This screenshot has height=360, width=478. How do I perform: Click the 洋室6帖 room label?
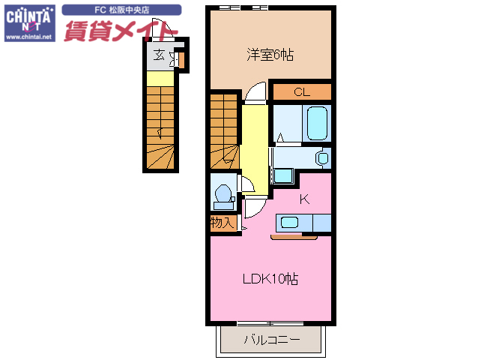[x=270, y=55]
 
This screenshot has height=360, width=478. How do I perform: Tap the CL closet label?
[x=301, y=92]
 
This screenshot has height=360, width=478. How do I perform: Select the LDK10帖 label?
[x=270, y=279]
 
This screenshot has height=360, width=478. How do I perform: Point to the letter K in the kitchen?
[x=305, y=199]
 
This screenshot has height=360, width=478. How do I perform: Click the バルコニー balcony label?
[x=271, y=340]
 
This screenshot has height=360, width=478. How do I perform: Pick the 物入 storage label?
[x=223, y=223]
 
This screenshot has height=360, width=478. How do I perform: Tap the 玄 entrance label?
[x=159, y=55]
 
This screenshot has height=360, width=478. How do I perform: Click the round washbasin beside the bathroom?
[x=323, y=158]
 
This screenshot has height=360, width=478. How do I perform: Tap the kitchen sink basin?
[x=289, y=223]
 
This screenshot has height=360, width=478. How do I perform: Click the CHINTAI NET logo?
[x=28, y=16]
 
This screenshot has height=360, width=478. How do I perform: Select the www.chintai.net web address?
[x=28, y=35]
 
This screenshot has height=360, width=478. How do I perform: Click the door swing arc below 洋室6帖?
[x=255, y=94]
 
